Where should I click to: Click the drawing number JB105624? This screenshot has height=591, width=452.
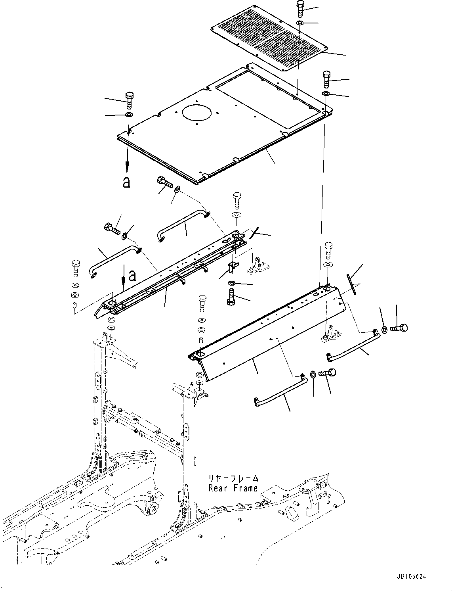coord(410,577)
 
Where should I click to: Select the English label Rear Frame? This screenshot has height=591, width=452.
coord(233,488)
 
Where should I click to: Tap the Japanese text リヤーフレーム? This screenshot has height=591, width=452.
coord(234,478)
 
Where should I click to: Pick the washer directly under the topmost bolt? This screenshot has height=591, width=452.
coord(300,23)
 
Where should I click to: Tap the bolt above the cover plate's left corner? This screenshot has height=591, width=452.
coord(130,100)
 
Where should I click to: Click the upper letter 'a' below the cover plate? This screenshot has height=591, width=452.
coord(126,182)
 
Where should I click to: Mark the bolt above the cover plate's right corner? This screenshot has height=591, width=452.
coord(326,79)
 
